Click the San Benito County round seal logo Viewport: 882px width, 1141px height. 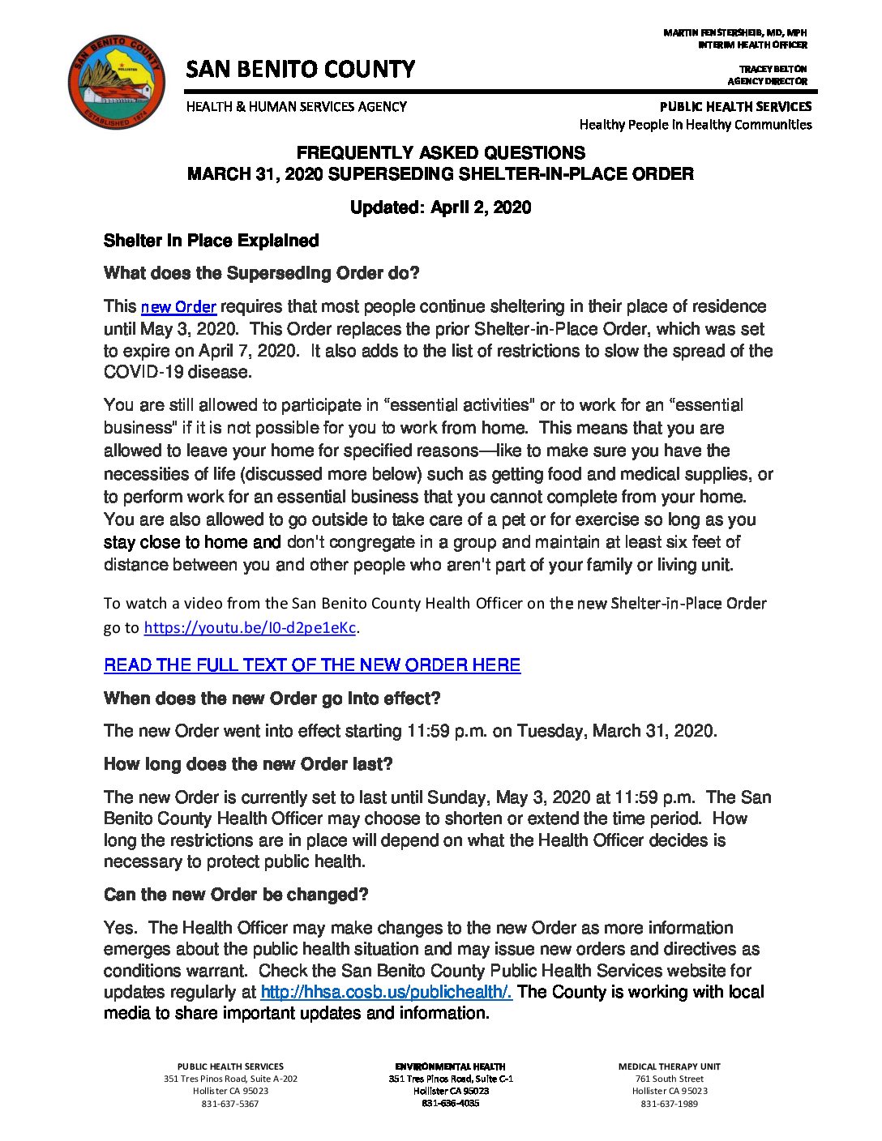(117, 82)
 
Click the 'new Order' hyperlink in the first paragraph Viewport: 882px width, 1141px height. (178, 307)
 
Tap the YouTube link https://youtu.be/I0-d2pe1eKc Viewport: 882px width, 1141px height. (250, 628)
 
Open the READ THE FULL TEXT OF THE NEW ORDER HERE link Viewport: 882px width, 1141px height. (312, 665)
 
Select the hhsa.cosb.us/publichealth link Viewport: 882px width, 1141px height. (386, 992)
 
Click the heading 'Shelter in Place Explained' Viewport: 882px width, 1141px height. (211, 241)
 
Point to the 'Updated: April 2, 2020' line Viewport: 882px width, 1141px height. (440, 207)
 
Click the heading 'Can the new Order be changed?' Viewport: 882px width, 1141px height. (236, 895)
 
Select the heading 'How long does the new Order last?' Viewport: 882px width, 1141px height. (248, 764)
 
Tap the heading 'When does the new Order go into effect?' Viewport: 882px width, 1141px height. (272, 699)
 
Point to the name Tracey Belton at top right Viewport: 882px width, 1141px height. (772, 69)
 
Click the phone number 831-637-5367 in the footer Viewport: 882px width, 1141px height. (230, 1104)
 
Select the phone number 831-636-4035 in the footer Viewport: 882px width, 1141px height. (450, 1103)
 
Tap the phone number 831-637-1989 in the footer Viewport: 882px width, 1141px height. (669, 1104)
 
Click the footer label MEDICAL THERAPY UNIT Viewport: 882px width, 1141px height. (669, 1066)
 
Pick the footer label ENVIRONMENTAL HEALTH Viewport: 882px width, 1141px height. (450, 1066)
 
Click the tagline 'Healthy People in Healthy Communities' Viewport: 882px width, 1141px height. (695, 125)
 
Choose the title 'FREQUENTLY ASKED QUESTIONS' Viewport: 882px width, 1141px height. (440, 152)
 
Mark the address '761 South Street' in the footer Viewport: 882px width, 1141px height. (669, 1079)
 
